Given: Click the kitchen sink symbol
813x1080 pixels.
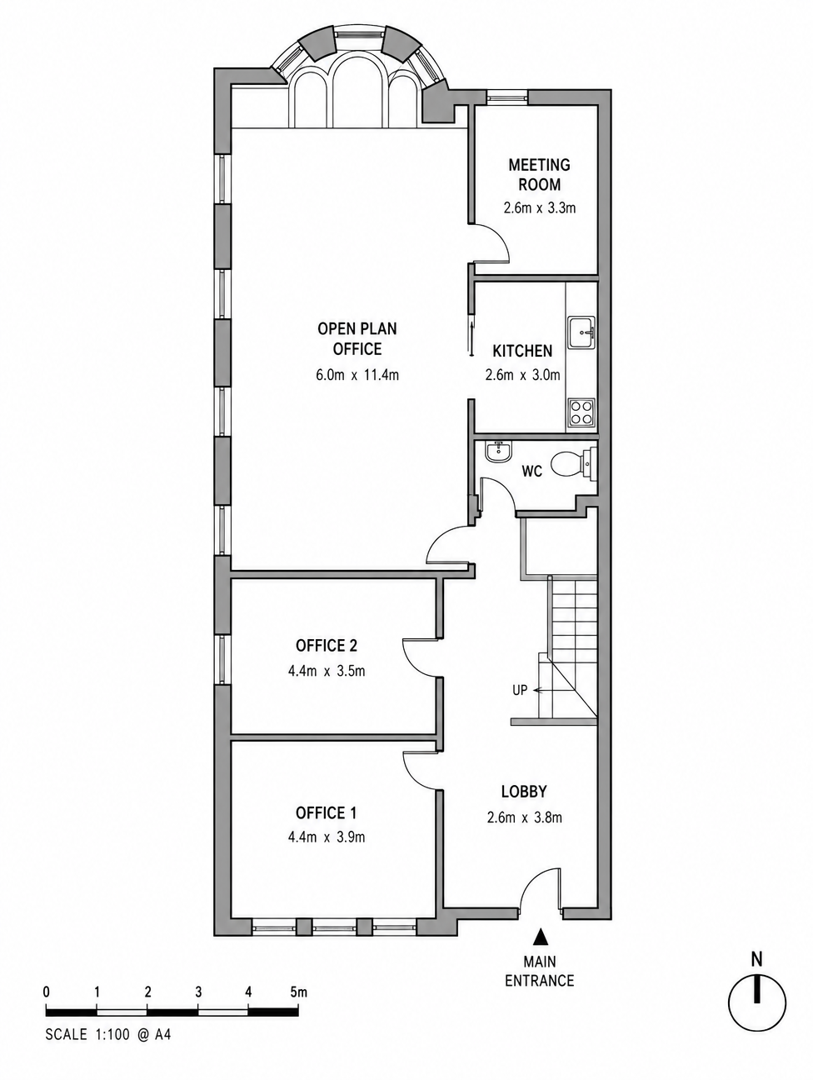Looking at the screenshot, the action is [581, 332].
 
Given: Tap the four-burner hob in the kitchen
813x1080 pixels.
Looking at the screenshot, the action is [581, 412].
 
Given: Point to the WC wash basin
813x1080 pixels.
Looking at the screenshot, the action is [498, 451].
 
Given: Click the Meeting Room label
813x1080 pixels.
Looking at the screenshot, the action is [539, 174].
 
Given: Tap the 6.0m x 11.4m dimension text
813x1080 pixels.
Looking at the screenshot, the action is [357, 375].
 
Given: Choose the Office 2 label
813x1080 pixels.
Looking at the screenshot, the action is [326, 645].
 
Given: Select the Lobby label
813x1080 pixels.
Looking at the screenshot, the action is [524, 792].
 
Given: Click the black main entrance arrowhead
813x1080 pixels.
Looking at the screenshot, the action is [541, 937].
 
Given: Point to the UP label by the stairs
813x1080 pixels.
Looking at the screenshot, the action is [520, 690].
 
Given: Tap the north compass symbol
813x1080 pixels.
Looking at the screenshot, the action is [757, 1003].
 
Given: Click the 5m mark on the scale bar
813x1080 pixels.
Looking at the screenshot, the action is [298, 991].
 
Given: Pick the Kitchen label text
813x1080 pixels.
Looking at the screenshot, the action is [522, 351].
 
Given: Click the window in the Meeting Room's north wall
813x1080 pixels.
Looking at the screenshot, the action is [506, 97].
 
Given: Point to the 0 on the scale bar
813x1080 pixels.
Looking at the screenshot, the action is [47, 991].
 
